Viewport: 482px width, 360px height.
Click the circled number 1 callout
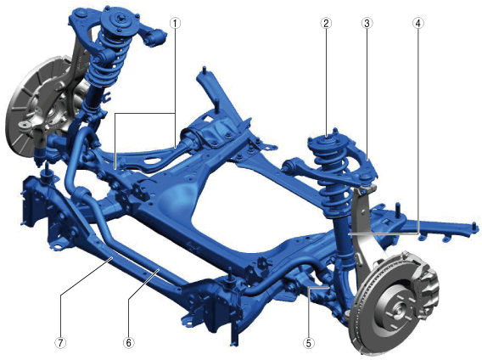[x=175, y=24]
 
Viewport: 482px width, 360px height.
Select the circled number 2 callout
[x=326, y=24]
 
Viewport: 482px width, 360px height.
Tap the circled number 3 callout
[x=367, y=24]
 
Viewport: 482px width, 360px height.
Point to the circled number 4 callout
[x=418, y=24]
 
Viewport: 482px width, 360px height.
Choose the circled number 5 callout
[x=308, y=342]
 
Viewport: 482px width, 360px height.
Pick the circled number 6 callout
[x=128, y=342]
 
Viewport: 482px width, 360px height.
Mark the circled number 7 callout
[x=60, y=342]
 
